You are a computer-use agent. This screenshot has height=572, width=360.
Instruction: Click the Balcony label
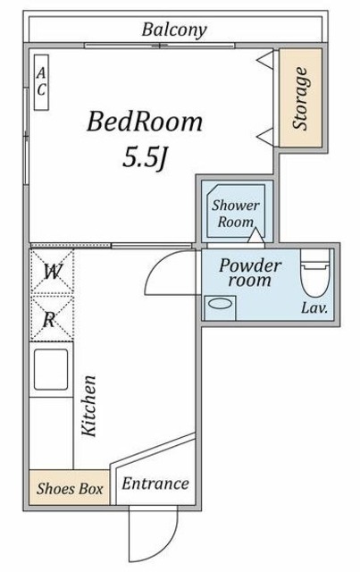click(x=174, y=29)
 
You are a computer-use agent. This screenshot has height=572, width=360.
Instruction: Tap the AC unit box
click(x=41, y=82)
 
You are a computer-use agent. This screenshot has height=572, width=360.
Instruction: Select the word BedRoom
click(x=145, y=122)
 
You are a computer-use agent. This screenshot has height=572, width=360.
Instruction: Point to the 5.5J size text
click(x=145, y=157)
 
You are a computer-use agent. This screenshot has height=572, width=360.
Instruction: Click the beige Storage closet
click(x=300, y=97)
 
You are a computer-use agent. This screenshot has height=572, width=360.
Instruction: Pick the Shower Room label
click(x=235, y=214)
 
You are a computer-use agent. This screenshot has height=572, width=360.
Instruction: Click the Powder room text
click(x=250, y=273)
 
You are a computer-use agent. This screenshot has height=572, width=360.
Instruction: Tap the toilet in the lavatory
click(x=315, y=273)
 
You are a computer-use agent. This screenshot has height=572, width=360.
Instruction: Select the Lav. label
click(x=314, y=308)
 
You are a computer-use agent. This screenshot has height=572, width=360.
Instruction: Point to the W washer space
click(x=52, y=272)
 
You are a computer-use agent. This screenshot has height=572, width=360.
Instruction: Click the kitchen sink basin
click(x=51, y=369)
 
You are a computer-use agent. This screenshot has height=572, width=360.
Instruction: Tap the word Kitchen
click(x=88, y=406)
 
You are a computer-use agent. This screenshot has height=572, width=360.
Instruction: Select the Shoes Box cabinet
click(x=70, y=488)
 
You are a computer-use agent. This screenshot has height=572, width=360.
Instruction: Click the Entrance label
click(x=155, y=484)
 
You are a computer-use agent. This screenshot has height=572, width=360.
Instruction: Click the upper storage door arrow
click(x=265, y=60)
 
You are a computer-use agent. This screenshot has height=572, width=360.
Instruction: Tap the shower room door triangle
click(x=256, y=235)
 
